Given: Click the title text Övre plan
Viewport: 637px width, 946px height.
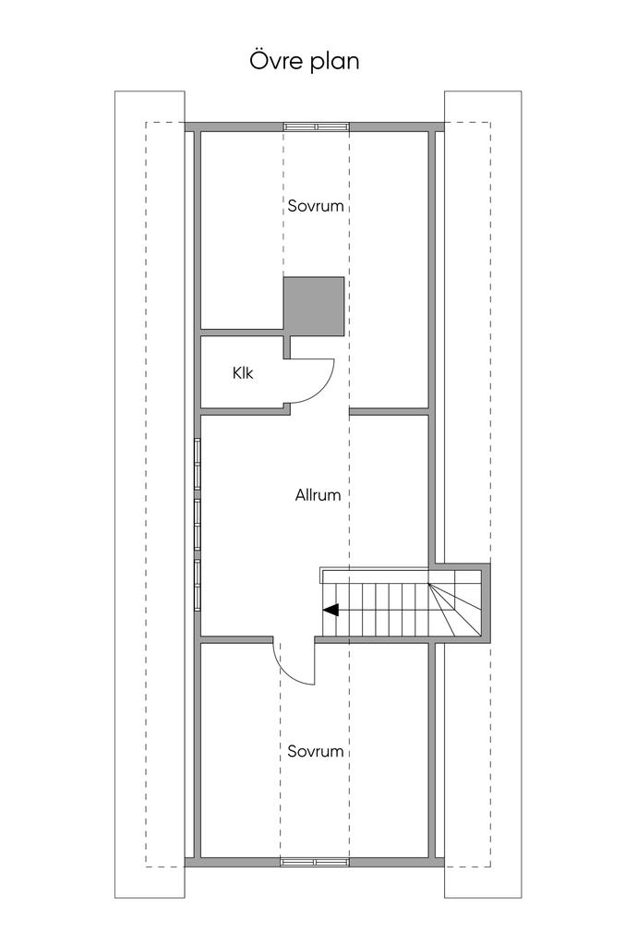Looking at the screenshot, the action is [x=304, y=62].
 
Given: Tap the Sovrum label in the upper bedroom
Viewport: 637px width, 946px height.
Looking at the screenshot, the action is [x=316, y=206].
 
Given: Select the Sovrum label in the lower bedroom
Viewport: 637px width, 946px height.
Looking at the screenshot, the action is [x=316, y=751].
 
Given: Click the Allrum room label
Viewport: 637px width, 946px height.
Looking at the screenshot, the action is [x=318, y=495].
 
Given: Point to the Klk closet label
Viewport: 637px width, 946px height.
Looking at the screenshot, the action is [x=243, y=374].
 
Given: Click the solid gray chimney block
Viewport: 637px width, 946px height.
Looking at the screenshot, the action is [x=314, y=307].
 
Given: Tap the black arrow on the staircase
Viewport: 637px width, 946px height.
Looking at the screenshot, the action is [x=330, y=610].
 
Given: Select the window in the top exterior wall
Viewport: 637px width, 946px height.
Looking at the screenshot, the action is [x=316, y=126].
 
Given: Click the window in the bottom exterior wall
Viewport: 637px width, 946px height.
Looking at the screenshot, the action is [x=316, y=862].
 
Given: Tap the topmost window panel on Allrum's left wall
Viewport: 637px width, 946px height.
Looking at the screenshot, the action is [x=198, y=454].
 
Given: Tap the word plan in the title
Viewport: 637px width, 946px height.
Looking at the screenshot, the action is [x=335, y=64].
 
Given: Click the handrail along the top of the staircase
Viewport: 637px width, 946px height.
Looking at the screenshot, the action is [x=374, y=575].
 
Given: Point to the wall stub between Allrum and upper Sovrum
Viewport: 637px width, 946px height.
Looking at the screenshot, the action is [x=390, y=410].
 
